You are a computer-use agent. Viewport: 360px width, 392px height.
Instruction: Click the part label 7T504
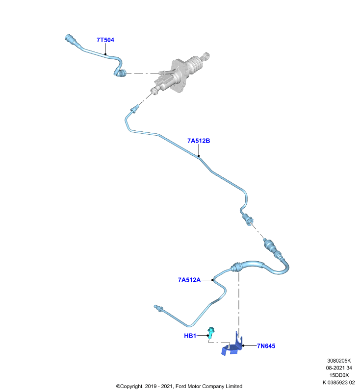tap(105, 40)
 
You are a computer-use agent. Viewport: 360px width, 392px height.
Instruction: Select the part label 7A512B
tap(199, 141)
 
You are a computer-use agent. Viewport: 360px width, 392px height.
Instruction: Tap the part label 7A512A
tap(189, 280)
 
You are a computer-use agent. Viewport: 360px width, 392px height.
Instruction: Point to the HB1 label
tap(190, 336)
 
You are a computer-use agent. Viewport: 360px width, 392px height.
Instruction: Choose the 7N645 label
tap(266, 346)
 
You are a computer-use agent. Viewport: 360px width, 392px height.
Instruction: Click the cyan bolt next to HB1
tap(211, 333)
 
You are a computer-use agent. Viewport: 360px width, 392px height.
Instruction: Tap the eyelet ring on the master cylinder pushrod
tap(206, 56)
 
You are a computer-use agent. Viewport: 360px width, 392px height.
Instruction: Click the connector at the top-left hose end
tap(70, 40)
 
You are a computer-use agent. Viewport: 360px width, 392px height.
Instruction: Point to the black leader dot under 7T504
tap(105, 54)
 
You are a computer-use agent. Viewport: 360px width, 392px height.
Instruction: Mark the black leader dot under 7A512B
tap(199, 156)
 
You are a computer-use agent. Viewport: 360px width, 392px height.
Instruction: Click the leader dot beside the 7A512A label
tap(212, 280)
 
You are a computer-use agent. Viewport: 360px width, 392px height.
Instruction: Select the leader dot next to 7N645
tap(243, 346)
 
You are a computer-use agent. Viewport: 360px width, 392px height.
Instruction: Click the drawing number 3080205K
tap(339, 361)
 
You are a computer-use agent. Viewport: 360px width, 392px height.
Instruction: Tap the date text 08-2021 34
tap(339, 368)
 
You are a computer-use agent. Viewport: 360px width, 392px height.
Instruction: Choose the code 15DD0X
tap(339, 375)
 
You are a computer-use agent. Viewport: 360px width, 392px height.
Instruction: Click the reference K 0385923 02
tap(339, 383)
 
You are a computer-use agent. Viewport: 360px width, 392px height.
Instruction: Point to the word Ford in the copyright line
tap(180, 387)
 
